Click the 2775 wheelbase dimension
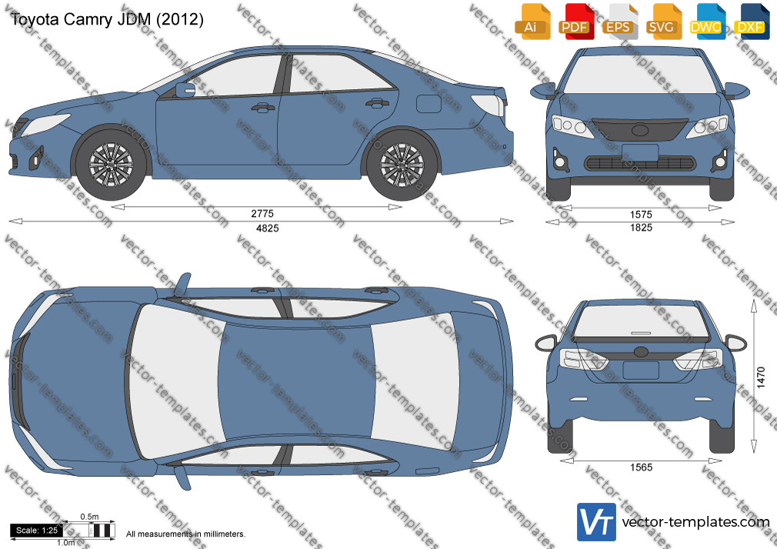click(262, 214)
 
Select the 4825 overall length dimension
click(267, 228)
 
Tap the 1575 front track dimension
click(641, 215)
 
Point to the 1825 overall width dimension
click(641, 228)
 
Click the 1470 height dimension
click(761, 377)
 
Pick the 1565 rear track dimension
click(642, 467)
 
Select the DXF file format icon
click(752, 21)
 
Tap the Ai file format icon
click(532, 21)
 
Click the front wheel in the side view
click(111, 165)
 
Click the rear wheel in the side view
click(402, 165)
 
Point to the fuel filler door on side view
click(429, 104)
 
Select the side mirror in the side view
click(185, 90)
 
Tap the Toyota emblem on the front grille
click(640, 131)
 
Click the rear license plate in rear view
click(641, 370)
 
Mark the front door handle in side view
click(262, 107)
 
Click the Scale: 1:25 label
click(37, 531)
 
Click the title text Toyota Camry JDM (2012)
click(107, 19)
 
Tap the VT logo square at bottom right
click(597, 522)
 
